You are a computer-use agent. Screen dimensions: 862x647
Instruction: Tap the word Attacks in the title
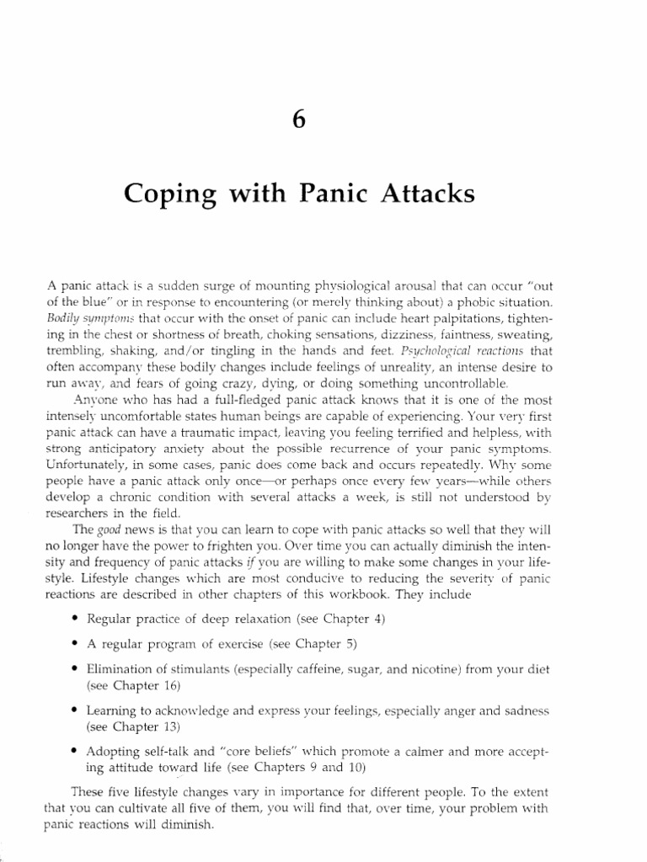click(x=420, y=195)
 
